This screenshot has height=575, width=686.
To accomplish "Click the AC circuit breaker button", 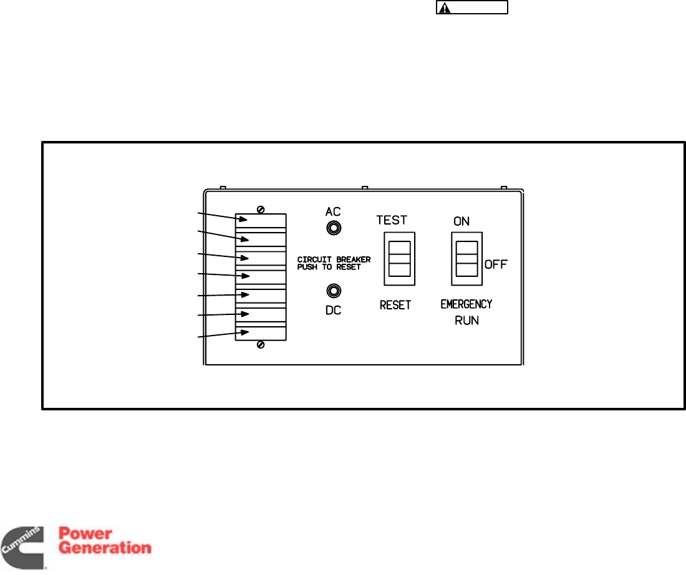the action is click(334, 228).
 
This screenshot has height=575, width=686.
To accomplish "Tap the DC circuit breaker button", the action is click(334, 291).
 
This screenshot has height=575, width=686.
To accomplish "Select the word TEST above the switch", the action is click(392, 220).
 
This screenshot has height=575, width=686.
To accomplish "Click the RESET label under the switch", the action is click(395, 306).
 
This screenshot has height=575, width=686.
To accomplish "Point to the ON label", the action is click(461, 221).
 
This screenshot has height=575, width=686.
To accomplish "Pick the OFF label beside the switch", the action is click(496, 264).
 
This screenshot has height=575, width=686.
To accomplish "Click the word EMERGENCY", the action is click(466, 304).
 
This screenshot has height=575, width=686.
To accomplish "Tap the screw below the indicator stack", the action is click(260, 345).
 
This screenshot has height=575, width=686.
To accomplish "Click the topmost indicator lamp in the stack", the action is click(261, 221).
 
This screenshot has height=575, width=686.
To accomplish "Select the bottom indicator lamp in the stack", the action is click(261, 332).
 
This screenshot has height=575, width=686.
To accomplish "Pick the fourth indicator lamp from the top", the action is click(261, 276).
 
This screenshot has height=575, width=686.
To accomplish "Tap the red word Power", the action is click(85, 534).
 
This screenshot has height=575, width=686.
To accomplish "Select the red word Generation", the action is click(105, 549).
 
